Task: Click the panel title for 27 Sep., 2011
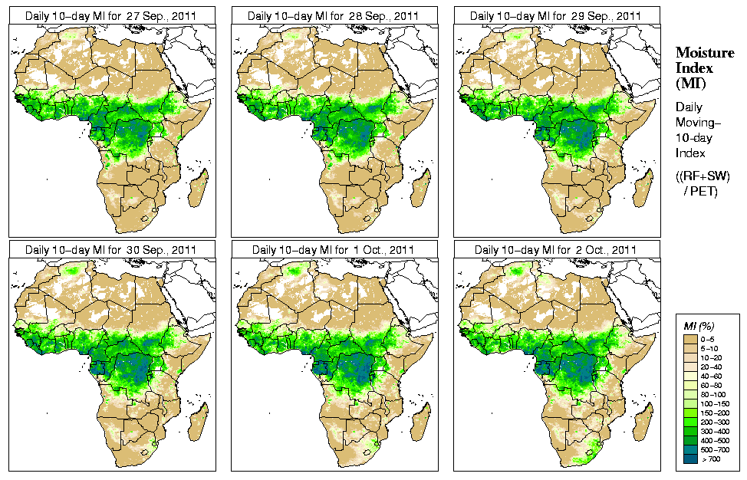[110, 15]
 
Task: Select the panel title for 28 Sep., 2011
[333, 15]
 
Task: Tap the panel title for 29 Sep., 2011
[555, 15]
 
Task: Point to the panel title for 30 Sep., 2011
[110, 250]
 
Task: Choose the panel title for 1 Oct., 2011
[333, 250]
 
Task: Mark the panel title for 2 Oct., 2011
[555, 250]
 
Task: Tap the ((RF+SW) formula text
[703, 176]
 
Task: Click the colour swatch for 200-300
[693, 421]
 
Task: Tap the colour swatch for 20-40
[693, 366]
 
